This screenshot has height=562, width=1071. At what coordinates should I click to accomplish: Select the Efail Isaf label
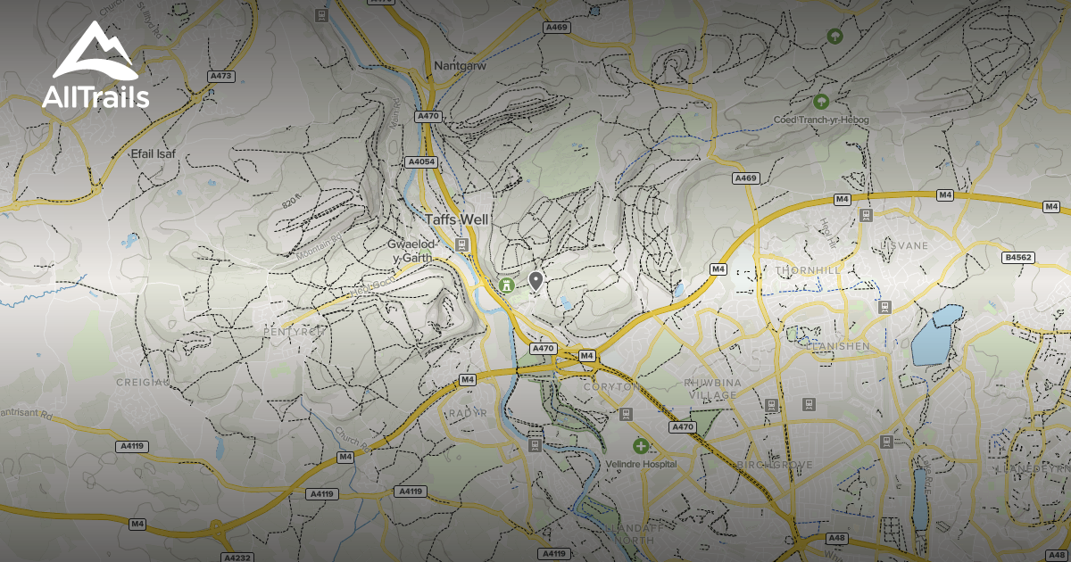(154, 153)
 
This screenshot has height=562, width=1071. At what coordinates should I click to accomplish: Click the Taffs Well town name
(456, 219)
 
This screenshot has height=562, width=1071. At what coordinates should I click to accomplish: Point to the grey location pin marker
(535, 281)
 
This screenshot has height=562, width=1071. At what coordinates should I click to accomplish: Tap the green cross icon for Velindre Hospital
(640, 445)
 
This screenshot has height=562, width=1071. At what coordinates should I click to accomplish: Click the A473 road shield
(220, 77)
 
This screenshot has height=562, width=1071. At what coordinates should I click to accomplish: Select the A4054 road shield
(420, 161)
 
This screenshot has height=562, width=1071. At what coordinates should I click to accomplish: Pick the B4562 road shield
(1017, 258)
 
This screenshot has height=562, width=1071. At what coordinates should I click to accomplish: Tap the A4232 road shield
(236, 558)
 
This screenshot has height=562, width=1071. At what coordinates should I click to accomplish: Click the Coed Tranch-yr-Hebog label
(820, 120)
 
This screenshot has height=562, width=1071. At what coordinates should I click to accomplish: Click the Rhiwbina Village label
(711, 389)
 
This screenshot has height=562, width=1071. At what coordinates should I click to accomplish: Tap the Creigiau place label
(142, 382)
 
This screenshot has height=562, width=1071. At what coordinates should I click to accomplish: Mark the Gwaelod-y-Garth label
(411, 251)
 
